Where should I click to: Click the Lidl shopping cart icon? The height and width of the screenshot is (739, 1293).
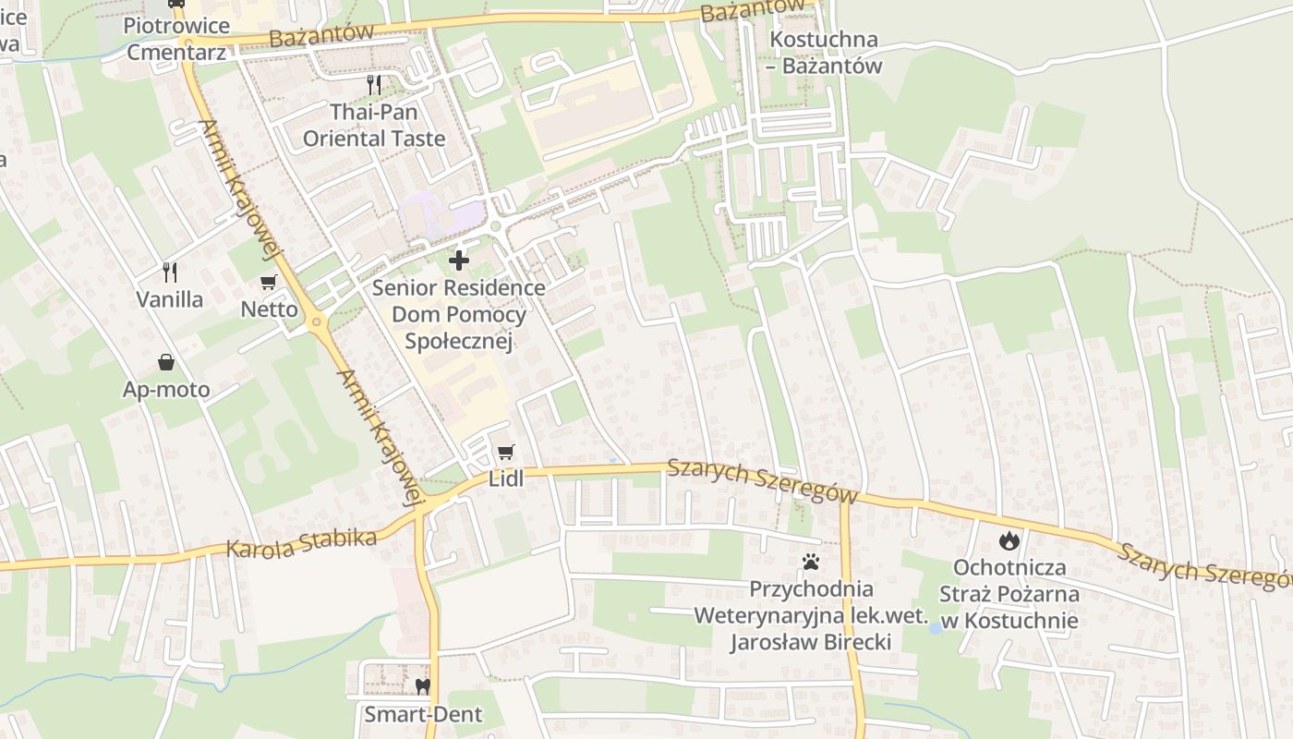(504, 452)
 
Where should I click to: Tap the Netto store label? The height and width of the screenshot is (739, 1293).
(270, 309)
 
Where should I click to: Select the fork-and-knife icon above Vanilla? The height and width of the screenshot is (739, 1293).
(169, 272)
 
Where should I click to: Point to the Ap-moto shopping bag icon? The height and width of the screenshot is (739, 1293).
(166, 361)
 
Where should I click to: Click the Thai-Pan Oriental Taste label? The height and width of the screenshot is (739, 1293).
(374, 126)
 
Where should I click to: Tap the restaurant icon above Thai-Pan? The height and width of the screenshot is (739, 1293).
(374, 85)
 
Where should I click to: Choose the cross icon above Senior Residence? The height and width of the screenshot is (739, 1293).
(459, 260)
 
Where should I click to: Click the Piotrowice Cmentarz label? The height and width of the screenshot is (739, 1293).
(176, 39)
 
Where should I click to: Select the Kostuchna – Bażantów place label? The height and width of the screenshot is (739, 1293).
(825, 53)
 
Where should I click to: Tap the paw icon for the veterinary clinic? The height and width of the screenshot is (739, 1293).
(811, 561)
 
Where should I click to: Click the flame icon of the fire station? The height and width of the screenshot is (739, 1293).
(1009, 540)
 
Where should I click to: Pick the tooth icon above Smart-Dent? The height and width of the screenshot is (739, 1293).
(423, 686)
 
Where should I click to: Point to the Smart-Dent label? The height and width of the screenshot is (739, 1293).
(423, 714)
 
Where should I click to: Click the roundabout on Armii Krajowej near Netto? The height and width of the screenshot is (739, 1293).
(317, 322)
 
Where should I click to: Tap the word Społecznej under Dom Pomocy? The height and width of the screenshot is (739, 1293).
(458, 341)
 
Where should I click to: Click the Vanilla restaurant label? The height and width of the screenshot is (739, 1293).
(170, 299)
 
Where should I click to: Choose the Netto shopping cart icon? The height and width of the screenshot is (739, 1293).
(269, 282)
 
